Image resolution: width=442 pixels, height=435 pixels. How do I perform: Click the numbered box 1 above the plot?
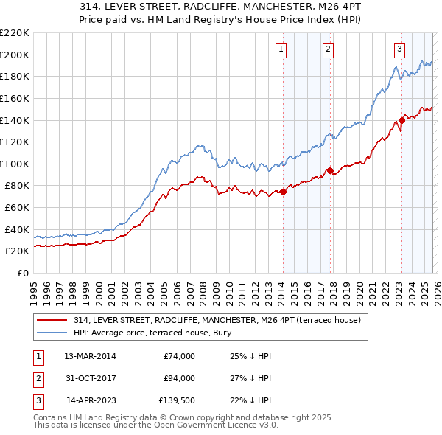tap(282, 49)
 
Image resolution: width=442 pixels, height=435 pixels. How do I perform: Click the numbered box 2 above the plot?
tap(328, 49)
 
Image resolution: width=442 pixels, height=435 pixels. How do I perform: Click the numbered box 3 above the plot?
tap(399, 49)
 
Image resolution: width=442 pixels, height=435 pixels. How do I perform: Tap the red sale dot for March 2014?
tap(283, 192)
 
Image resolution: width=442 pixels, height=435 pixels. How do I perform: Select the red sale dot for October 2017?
tap(330, 170)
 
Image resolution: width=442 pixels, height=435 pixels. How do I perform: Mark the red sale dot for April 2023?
tap(401, 120)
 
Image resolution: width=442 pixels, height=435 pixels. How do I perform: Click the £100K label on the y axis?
tap(15, 164)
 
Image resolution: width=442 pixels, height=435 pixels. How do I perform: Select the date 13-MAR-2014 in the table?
tap(90, 356)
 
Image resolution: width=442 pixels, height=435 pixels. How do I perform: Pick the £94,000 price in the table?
tap(179, 378)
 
